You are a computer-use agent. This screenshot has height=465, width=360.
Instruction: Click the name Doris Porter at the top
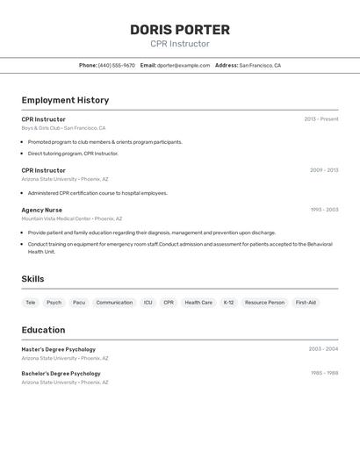click(180, 30)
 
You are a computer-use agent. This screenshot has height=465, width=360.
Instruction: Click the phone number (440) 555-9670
click(116, 66)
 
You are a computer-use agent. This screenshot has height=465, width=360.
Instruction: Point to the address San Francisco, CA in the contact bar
click(260, 66)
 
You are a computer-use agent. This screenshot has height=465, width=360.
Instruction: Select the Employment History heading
click(65, 100)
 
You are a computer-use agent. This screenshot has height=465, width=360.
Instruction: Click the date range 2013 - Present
click(321, 119)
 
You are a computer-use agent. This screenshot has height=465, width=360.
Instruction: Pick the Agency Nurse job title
click(42, 211)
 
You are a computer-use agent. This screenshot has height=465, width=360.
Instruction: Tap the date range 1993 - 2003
click(324, 211)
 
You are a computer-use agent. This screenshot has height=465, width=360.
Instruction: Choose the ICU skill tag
click(148, 303)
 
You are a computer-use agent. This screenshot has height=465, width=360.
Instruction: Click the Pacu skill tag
click(79, 303)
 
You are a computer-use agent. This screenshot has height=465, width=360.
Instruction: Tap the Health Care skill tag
click(198, 303)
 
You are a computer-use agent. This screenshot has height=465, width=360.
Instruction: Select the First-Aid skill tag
click(306, 303)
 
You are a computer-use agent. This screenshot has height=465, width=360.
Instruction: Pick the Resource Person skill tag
click(264, 303)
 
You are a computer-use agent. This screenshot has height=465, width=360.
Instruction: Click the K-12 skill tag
click(228, 303)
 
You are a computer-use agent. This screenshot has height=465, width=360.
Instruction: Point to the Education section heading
click(43, 330)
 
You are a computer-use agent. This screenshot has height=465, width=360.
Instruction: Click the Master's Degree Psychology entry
click(59, 349)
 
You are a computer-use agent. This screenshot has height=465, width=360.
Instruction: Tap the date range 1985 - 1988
click(324, 373)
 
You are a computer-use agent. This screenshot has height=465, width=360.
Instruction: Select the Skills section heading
click(33, 279)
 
